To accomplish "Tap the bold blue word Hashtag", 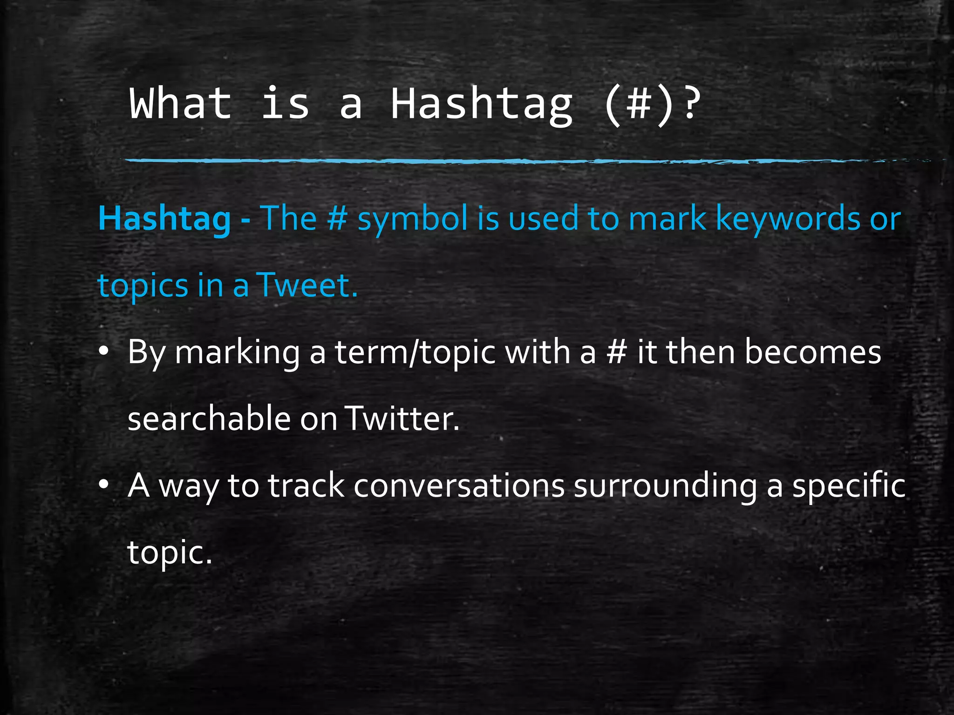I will pyautogui.click(x=164, y=218).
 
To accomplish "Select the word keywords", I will pyautogui.click(x=788, y=218).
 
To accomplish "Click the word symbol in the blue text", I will pyautogui.click(x=412, y=219).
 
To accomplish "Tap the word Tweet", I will pyautogui.click(x=307, y=285).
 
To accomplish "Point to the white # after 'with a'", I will pyautogui.click(x=616, y=352).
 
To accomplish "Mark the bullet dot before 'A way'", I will pyautogui.click(x=103, y=485).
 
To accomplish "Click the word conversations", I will pyautogui.click(x=459, y=486).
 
